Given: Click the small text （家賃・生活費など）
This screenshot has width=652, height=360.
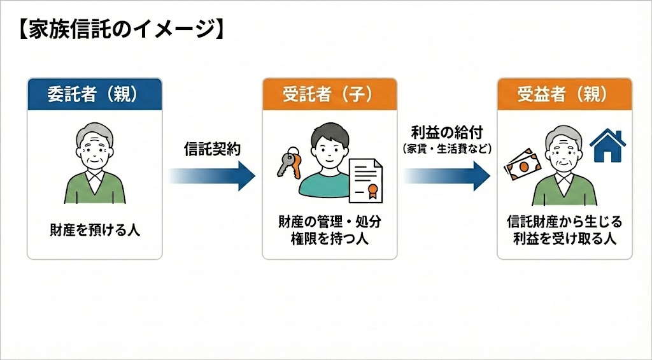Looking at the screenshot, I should coord(446,148).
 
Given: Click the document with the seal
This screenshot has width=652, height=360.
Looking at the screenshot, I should coord(366,178).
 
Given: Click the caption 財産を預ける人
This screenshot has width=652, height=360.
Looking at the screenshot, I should coord(95,229).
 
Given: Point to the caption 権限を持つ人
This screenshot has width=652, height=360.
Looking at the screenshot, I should coord(329,240).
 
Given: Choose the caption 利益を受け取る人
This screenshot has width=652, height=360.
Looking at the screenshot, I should coord(564,238).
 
